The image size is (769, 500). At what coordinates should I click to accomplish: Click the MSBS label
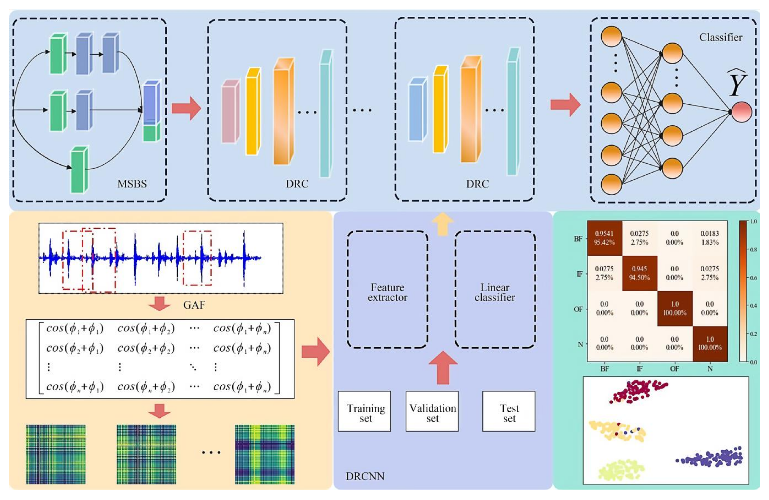coord(132,184)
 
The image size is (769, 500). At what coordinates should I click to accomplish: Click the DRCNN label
coord(365,476)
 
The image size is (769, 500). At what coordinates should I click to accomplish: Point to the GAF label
coord(194,305)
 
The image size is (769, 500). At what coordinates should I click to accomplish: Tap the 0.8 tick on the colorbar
coord(753,249)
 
